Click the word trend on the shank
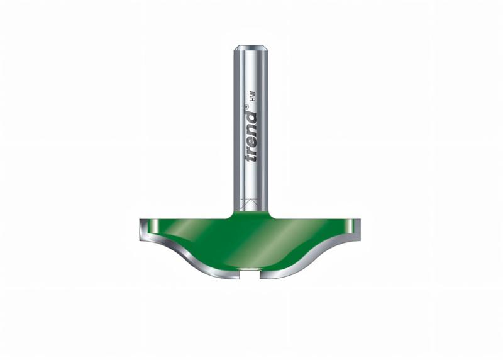251,137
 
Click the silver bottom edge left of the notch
226,273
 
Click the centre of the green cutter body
251,242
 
